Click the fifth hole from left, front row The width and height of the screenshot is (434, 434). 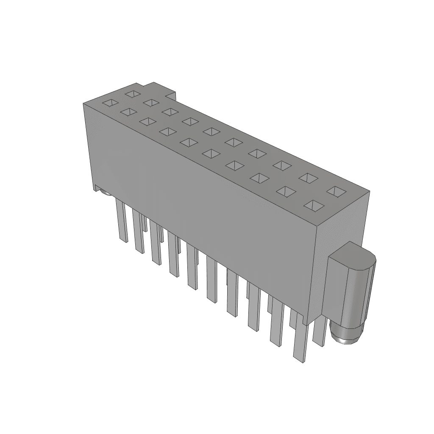pos(189,142)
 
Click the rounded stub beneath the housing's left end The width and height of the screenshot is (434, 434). pos(106,194)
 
